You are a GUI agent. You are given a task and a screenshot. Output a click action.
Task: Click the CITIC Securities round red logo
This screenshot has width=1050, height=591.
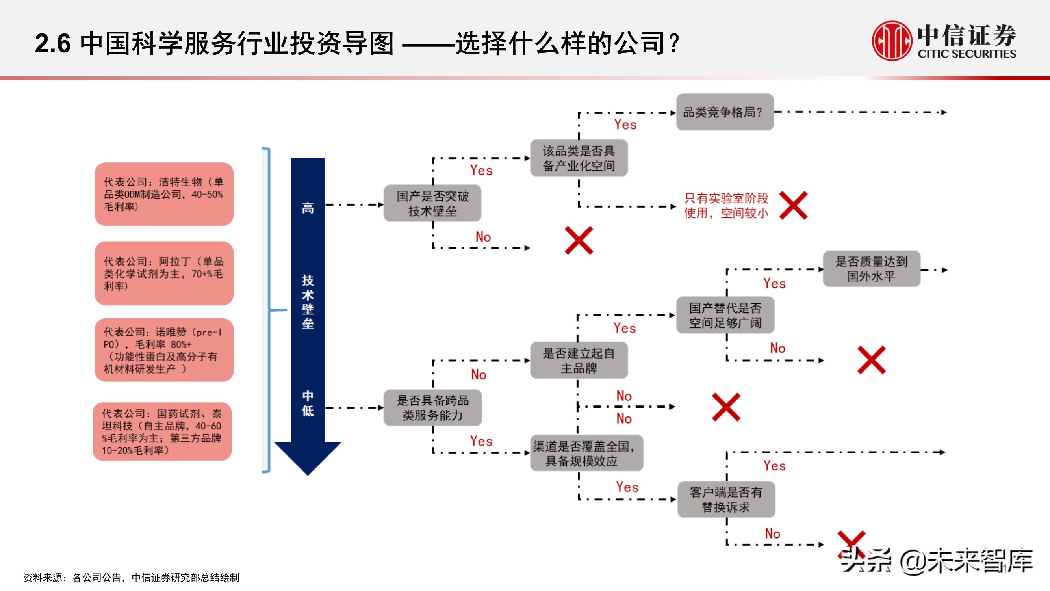click(891, 41)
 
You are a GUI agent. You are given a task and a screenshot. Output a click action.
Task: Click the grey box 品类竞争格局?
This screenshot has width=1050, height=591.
click(725, 112)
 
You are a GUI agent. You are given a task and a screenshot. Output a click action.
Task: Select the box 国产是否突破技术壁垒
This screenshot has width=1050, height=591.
click(432, 204)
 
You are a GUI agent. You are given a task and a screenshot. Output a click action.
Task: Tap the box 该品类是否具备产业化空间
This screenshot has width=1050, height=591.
click(579, 158)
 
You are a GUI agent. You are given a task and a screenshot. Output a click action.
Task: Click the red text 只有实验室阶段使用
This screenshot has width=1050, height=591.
click(726, 206)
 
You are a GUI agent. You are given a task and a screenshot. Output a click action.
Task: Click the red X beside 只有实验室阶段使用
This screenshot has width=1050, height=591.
click(793, 206)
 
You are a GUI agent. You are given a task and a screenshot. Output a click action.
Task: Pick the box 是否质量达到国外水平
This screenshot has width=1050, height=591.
click(872, 269)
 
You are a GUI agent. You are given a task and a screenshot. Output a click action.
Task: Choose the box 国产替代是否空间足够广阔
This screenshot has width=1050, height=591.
click(725, 315)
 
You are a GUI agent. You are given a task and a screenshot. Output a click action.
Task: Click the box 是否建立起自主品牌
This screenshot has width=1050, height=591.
click(579, 361)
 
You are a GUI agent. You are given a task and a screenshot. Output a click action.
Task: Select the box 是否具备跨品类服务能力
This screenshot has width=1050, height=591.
click(432, 407)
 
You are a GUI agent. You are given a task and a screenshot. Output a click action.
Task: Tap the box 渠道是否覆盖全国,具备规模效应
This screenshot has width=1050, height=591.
click(586, 453)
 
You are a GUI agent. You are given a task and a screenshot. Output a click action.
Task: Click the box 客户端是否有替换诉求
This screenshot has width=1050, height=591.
click(726, 500)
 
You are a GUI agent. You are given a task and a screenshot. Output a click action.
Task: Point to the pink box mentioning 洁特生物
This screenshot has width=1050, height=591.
click(164, 194)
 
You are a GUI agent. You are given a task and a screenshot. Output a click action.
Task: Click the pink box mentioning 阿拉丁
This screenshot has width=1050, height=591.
click(164, 273)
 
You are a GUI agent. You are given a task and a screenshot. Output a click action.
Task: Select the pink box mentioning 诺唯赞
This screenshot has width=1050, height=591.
click(164, 350)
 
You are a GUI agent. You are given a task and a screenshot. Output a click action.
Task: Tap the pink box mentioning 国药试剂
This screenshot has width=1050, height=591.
click(162, 431)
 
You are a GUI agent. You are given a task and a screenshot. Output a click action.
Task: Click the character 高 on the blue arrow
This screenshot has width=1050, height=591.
click(308, 208)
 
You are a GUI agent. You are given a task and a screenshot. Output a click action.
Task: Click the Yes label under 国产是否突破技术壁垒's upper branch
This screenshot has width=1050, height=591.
click(481, 171)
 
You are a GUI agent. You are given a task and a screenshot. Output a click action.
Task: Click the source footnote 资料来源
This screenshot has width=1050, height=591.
click(131, 578)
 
